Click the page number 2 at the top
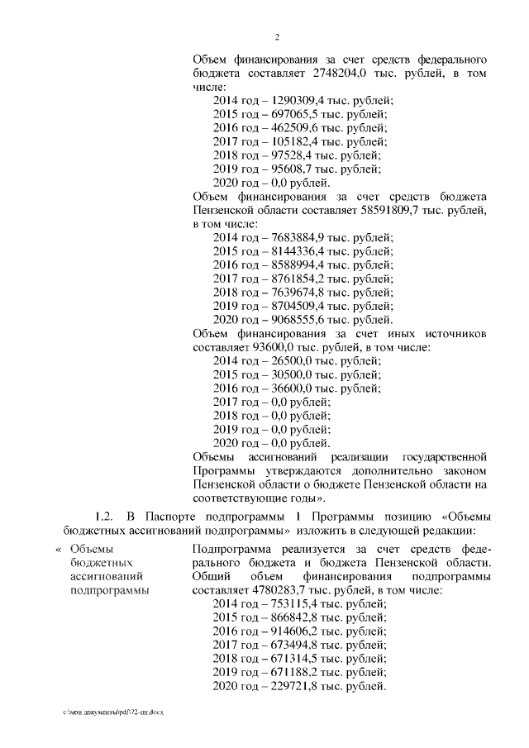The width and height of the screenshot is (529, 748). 278,37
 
